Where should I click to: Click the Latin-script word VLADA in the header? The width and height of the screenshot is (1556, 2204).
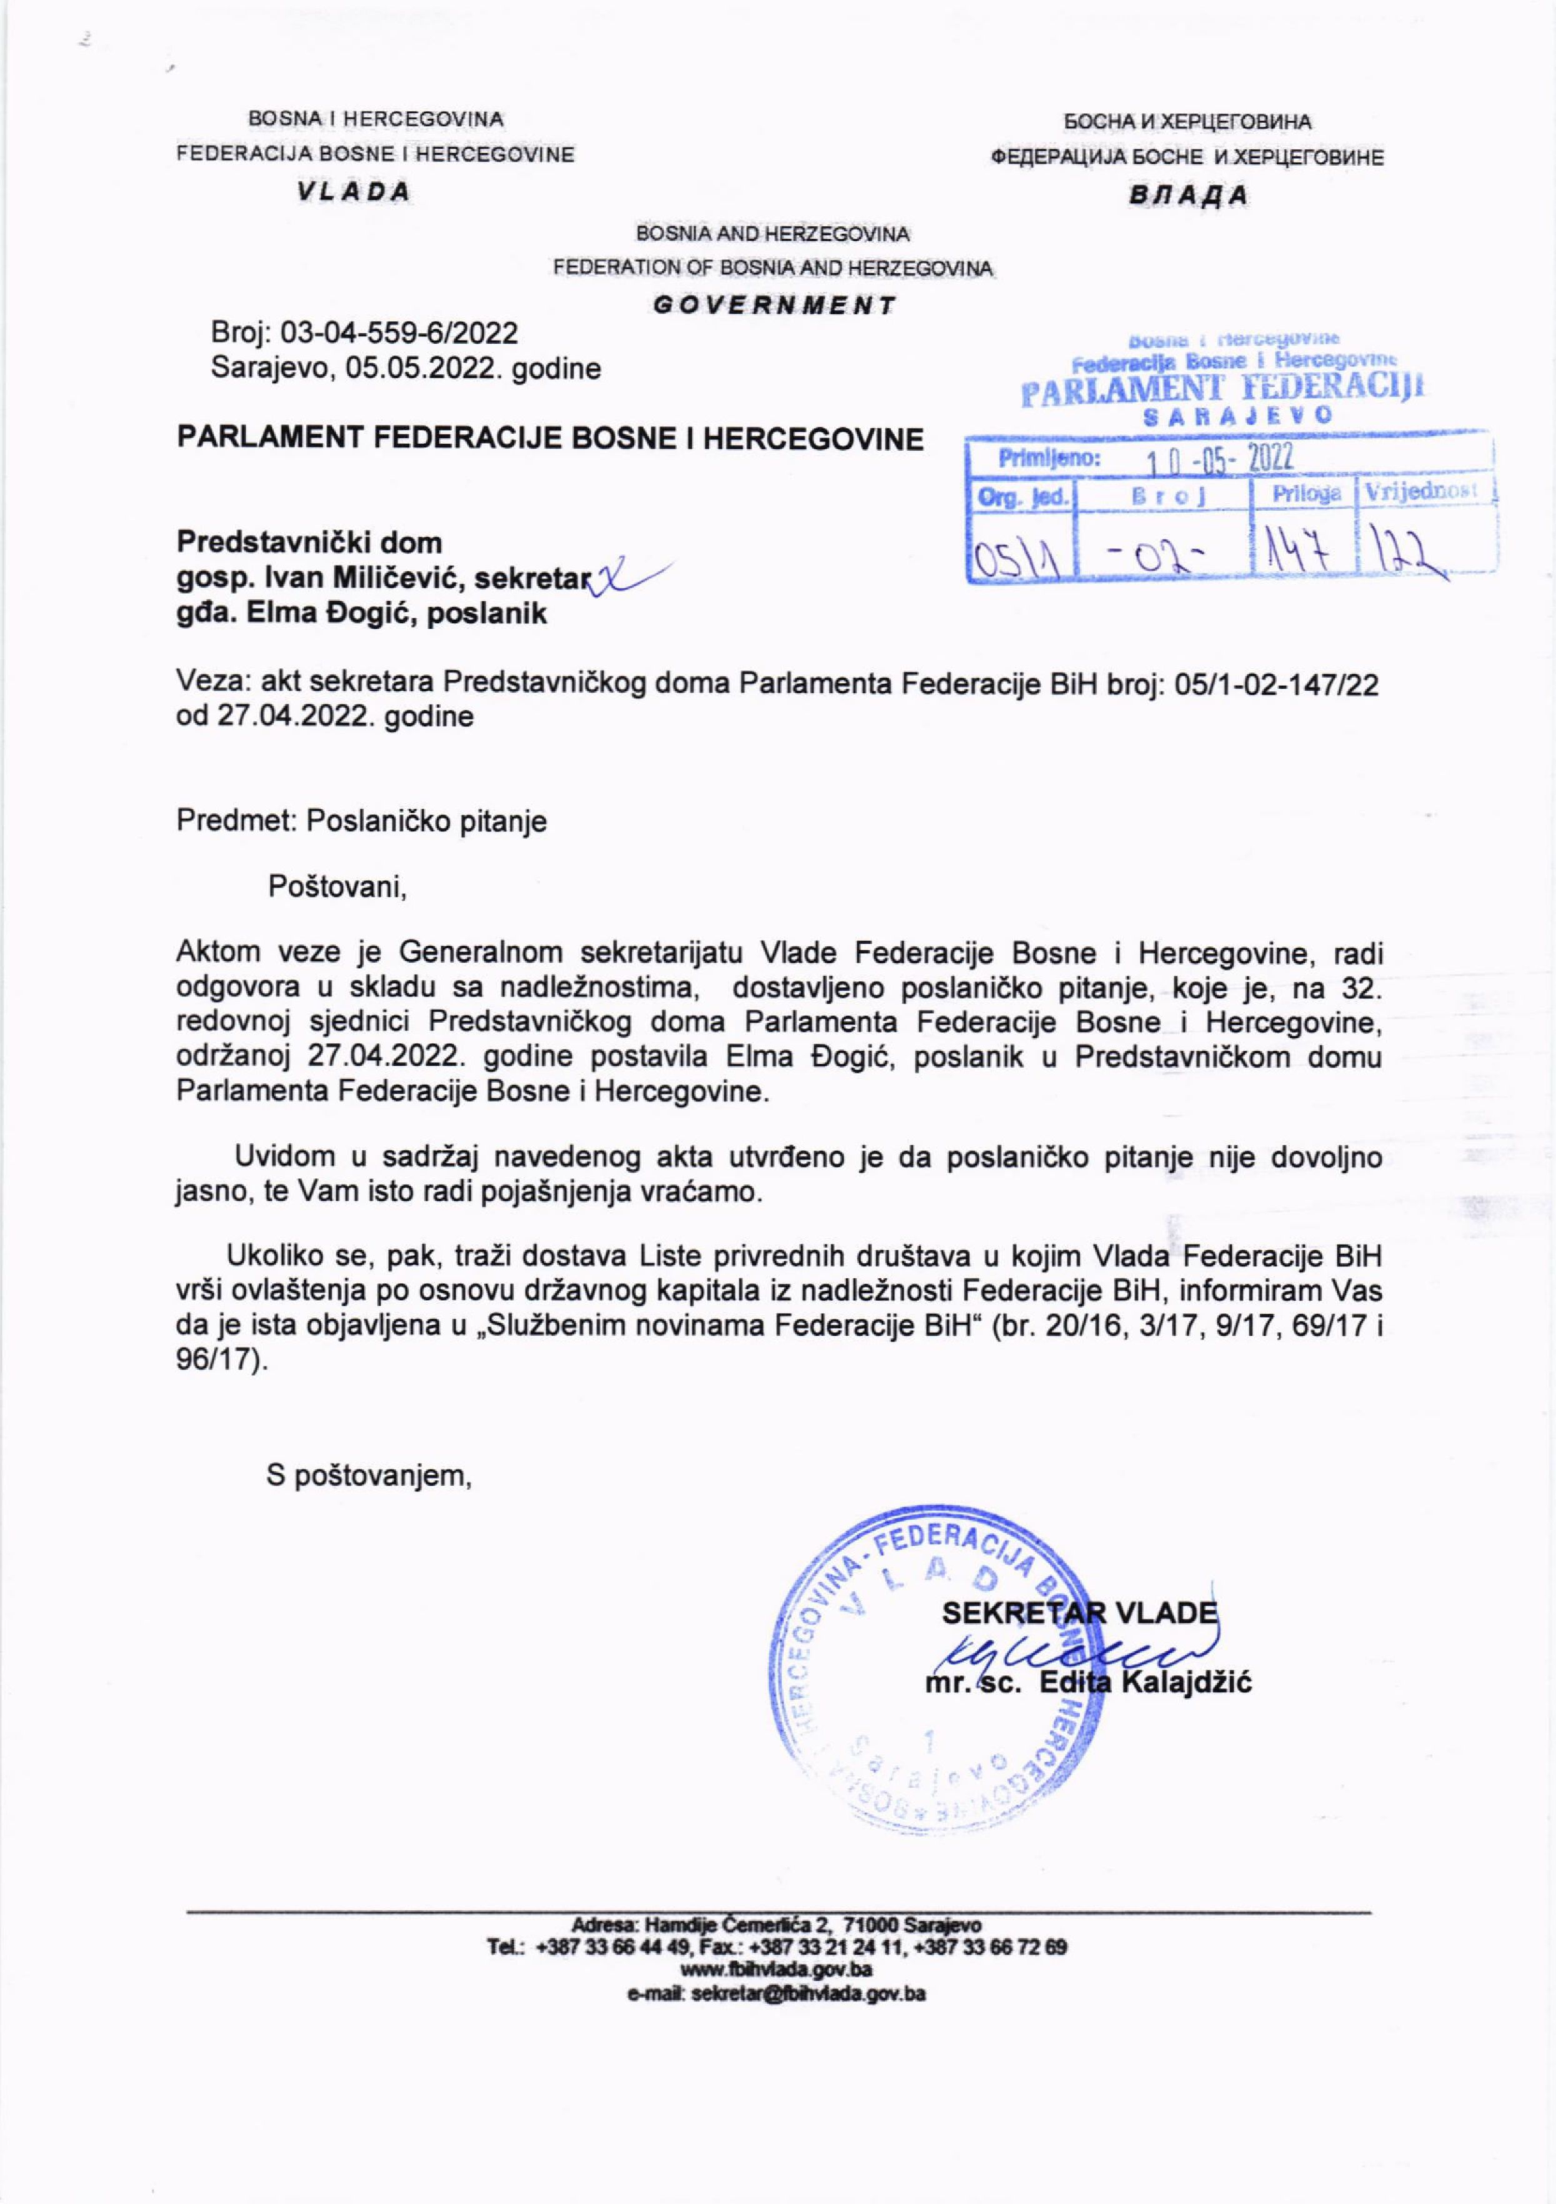click(x=352, y=192)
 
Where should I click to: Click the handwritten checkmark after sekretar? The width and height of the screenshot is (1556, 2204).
click(x=624, y=577)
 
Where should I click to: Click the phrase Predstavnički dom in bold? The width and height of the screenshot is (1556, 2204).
click(x=309, y=543)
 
